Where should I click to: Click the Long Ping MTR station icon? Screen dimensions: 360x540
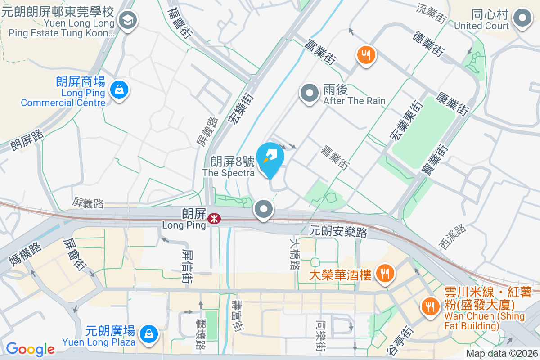point(214,219)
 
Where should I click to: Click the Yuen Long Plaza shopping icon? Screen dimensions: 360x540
point(148,333)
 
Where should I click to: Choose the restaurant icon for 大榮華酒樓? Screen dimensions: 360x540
point(384,273)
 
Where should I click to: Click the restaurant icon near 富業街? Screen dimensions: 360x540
point(366,55)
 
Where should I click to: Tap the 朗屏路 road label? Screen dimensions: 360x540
point(27,140)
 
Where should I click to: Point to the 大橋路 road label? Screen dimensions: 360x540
point(295,254)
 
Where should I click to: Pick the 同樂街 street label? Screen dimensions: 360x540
point(320,336)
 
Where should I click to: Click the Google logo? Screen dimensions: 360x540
point(30,349)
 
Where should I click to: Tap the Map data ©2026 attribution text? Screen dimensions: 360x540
point(502,354)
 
